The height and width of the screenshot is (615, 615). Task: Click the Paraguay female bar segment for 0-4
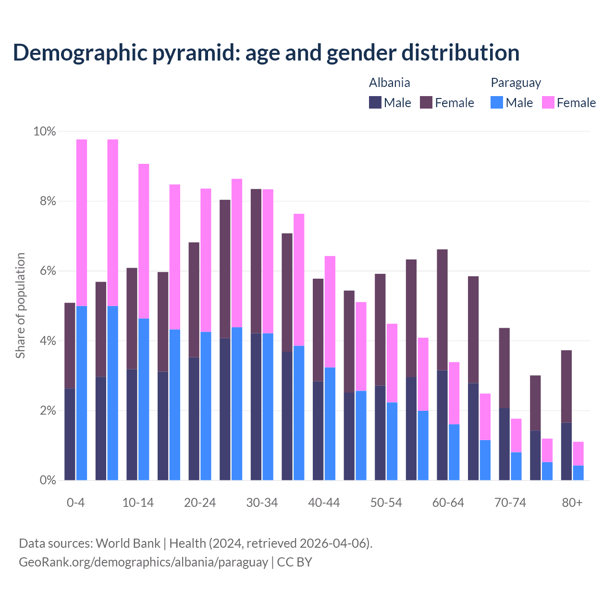[x=82, y=222]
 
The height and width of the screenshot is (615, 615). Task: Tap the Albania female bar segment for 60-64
[x=442, y=310]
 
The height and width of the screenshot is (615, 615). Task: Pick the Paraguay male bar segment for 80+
[x=578, y=473]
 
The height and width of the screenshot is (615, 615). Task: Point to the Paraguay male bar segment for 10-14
[x=144, y=399]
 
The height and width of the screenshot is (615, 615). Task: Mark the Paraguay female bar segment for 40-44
[x=330, y=312]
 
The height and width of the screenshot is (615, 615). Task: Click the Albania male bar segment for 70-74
[x=504, y=444]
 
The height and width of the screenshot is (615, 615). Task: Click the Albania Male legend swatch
[x=375, y=102]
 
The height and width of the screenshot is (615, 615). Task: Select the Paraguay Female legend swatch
[x=548, y=102]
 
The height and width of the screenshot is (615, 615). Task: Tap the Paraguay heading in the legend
[x=516, y=83]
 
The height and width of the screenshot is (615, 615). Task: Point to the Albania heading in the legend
[x=389, y=83]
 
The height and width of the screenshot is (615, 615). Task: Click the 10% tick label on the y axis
[x=44, y=131]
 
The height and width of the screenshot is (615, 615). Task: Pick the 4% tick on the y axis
[x=48, y=341]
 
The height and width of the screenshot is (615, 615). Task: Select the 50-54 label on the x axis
[x=386, y=503]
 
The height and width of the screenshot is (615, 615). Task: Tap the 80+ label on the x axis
[x=572, y=503]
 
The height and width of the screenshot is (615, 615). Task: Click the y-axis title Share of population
[x=20, y=306]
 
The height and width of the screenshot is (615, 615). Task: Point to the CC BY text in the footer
[x=295, y=562]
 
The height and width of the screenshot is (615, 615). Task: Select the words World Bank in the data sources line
[x=128, y=543]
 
